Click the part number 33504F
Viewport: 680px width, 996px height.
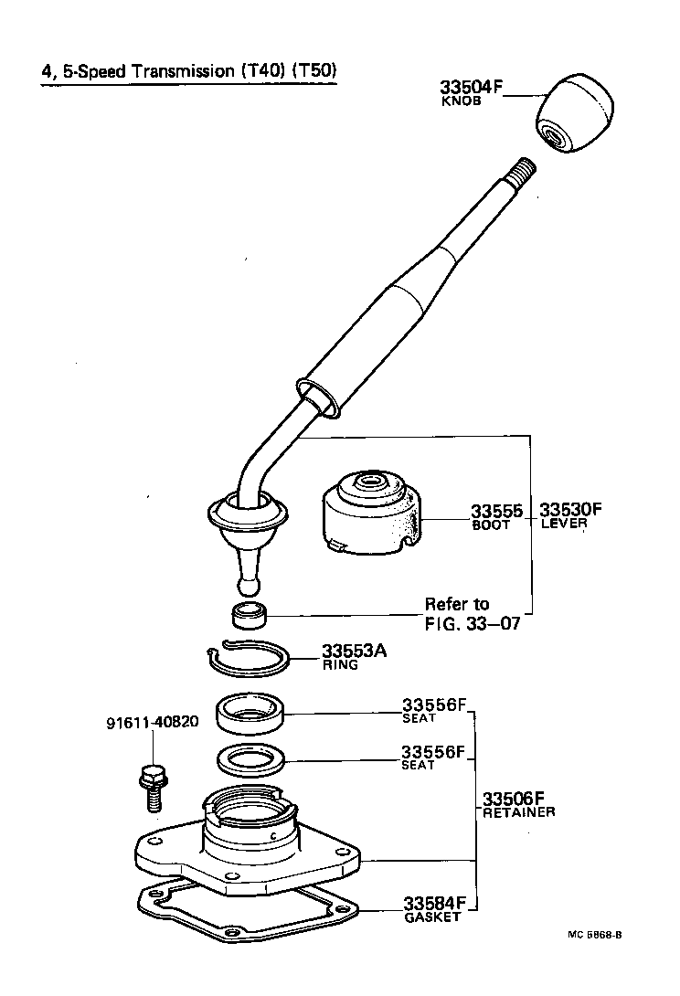pyautogui.click(x=472, y=89)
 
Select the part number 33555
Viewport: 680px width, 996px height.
pyautogui.click(x=496, y=511)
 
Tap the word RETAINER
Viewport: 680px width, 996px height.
pyautogui.click(x=519, y=811)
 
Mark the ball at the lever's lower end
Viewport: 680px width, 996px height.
pyautogui.click(x=249, y=582)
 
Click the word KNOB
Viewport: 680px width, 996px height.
pyautogui.click(x=462, y=102)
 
